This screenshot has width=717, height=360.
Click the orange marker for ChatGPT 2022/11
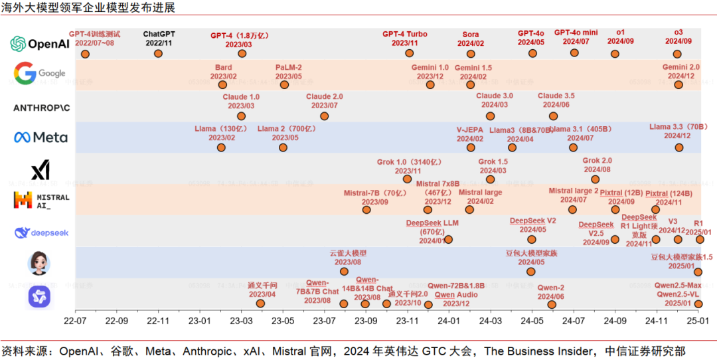point(158,54)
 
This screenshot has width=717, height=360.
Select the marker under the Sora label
point(471,54)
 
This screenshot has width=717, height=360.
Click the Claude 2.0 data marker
point(324,116)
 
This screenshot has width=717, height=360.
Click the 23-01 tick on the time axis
point(199,320)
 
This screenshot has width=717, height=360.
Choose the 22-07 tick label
point(75,320)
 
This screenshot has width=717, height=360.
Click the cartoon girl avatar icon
point(39,263)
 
